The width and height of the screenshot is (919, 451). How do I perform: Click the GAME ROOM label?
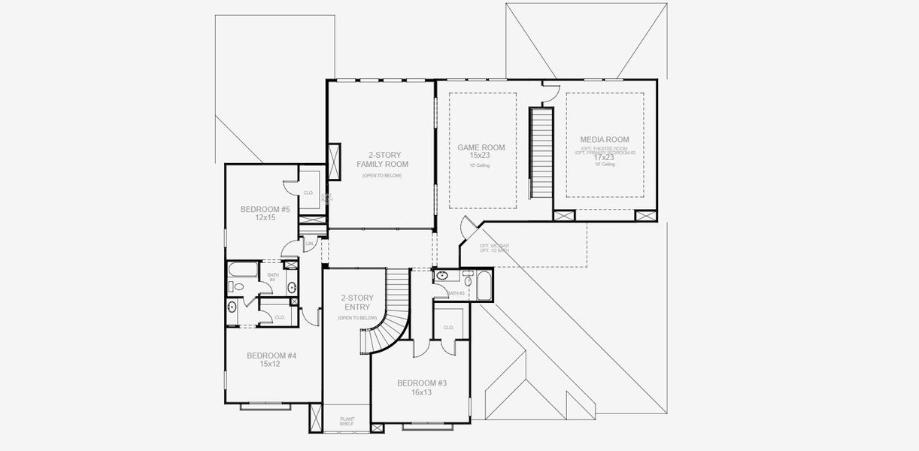(x=481, y=147)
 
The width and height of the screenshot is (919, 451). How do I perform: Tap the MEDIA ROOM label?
(x=604, y=140)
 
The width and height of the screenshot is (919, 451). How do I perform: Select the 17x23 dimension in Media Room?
(x=604, y=158)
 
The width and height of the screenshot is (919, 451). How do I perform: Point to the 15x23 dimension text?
(x=480, y=156)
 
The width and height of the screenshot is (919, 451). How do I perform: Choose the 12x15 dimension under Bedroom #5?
(x=264, y=218)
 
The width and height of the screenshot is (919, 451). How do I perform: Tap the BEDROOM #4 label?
(x=271, y=356)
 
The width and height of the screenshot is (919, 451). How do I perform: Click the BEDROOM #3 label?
(x=422, y=383)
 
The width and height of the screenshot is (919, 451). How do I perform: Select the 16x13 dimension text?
(x=422, y=392)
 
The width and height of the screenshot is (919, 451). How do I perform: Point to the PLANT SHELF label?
(x=347, y=421)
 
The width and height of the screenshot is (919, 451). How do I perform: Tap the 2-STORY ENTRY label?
(x=356, y=302)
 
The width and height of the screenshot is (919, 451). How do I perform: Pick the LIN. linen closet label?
(x=309, y=244)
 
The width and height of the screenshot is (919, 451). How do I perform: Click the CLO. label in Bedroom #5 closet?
(x=308, y=192)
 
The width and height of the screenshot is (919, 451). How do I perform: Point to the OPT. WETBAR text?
(x=493, y=246)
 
